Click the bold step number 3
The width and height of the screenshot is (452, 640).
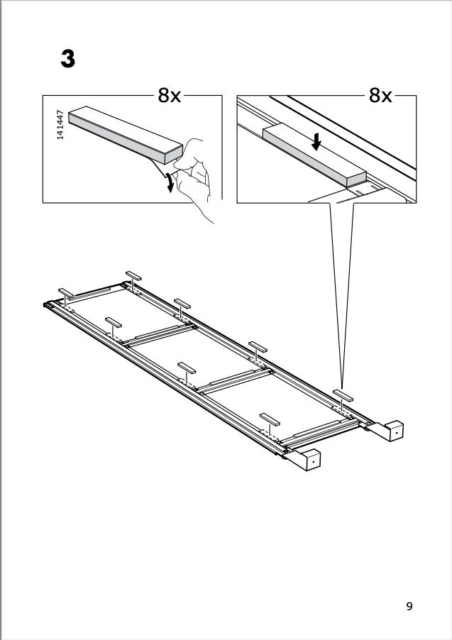[x=68, y=59]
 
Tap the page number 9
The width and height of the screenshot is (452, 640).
[x=409, y=606]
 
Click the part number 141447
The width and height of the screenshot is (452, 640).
[x=60, y=124]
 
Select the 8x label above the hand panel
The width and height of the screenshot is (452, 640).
[x=169, y=96]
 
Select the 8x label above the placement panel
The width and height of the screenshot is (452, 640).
[x=380, y=96]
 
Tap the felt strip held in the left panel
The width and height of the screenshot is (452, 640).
[x=126, y=135]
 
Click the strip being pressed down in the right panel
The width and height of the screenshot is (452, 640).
[x=314, y=155]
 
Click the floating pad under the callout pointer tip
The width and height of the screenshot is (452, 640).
[x=343, y=395]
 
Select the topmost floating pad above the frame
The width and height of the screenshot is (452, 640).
[x=133, y=275]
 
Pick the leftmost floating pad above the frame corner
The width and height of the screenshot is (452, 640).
[x=66, y=292]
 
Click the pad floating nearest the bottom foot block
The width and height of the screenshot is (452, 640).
[x=270, y=419]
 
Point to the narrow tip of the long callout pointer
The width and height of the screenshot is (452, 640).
[x=342, y=387]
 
